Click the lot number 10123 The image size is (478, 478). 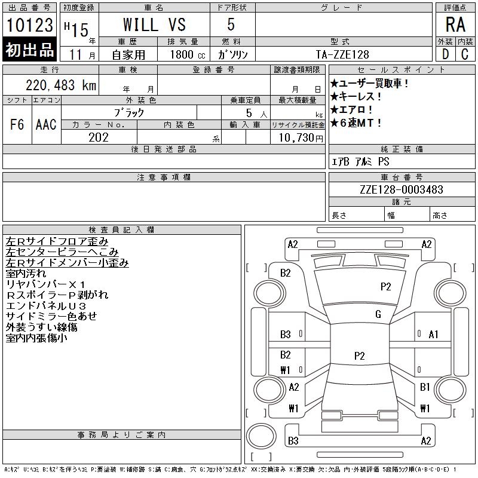(x=29, y=24)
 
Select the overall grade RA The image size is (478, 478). (x=455, y=24)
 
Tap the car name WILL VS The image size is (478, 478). (x=154, y=24)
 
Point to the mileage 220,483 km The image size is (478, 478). (x=61, y=85)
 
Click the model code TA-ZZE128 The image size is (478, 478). (x=342, y=54)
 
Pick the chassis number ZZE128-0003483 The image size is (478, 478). (x=402, y=189)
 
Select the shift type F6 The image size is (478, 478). (x=17, y=124)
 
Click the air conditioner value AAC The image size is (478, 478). (x=46, y=124)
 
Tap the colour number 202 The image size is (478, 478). (x=99, y=137)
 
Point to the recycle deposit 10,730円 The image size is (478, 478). (x=301, y=138)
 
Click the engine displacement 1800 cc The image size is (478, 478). (x=188, y=54)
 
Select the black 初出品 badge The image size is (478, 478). (x=29, y=50)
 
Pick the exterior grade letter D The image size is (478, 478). (x=445, y=54)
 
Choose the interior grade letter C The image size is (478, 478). (x=465, y=54)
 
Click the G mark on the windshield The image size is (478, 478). (x=378, y=314)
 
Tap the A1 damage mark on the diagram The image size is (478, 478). (x=434, y=335)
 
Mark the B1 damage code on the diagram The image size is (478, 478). (x=425, y=387)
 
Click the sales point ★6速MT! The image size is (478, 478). (x=356, y=123)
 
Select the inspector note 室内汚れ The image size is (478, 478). (x=26, y=274)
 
